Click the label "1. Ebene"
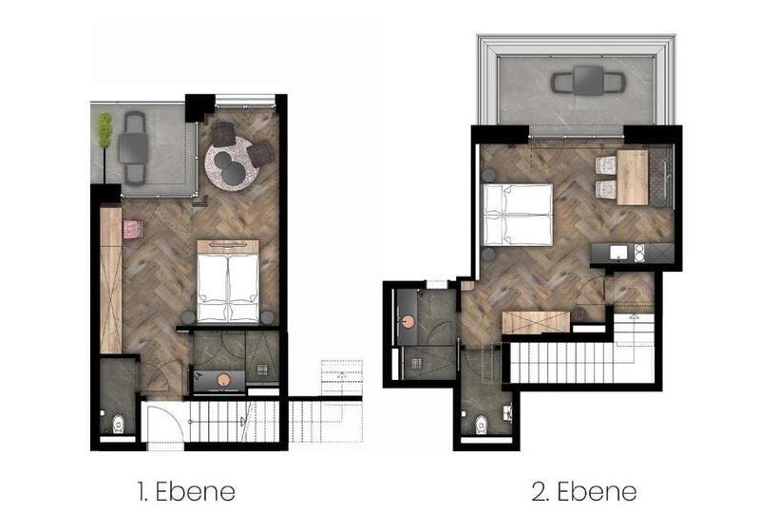[186, 492]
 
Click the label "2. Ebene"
[584, 492]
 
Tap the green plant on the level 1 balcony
[104, 130]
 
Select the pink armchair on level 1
[133, 229]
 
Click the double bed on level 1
[228, 281]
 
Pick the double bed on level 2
[518, 215]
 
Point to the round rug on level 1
[233, 163]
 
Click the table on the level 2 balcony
[588, 81]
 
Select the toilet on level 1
[118, 424]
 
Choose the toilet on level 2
[482, 425]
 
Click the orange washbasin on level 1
[223, 380]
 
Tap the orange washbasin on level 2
[408, 322]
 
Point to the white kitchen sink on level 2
[619, 253]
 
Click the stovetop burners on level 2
[639, 253]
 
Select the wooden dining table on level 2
[633, 178]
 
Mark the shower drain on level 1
[262, 369]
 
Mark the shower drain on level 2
[416, 363]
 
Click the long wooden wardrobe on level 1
[111, 280]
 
